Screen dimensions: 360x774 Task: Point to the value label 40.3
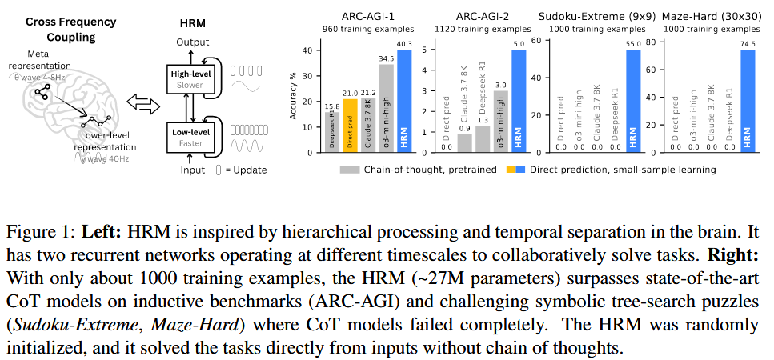click(404, 45)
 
